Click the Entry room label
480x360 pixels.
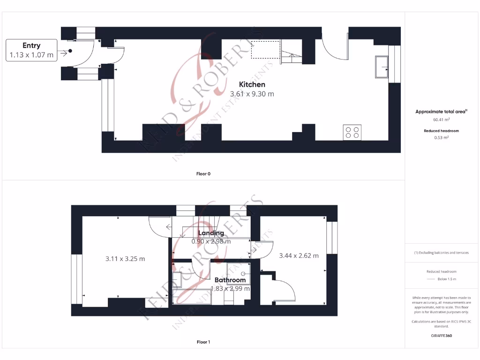31,45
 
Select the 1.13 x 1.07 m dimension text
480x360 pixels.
31,55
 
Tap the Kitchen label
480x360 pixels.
252,84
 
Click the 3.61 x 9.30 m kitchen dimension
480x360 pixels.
252,94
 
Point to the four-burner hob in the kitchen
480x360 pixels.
352,133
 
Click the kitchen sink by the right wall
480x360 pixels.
381,67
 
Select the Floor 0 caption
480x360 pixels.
203,174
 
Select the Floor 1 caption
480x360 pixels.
203,342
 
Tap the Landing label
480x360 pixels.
211,233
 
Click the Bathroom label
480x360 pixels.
230,280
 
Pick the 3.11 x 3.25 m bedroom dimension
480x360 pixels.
125,258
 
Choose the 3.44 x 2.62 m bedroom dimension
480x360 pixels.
299,255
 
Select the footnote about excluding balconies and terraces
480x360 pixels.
441,253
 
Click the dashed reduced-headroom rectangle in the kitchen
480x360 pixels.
266,50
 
